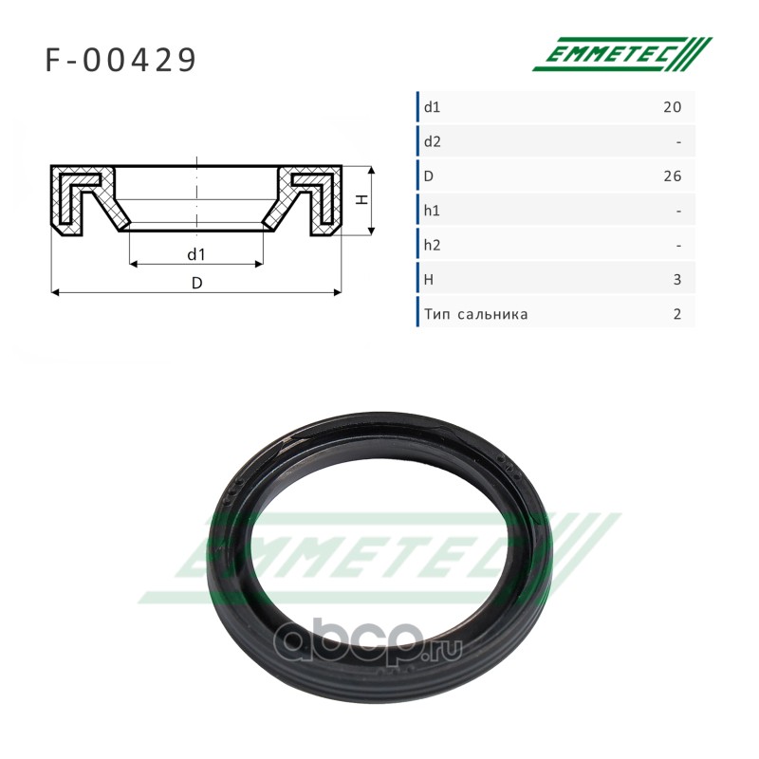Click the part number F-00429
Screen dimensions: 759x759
click(120, 60)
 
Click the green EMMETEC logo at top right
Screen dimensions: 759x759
click(622, 54)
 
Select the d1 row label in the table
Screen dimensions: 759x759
click(432, 107)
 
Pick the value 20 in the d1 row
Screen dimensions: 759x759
click(673, 107)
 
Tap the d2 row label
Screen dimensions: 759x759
click(433, 141)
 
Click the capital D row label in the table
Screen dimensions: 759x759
click(429, 176)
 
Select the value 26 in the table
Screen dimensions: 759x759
click(673, 176)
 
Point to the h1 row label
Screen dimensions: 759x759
click(432, 211)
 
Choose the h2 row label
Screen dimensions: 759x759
click(433, 245)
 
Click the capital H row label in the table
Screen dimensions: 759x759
click(429, 280)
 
